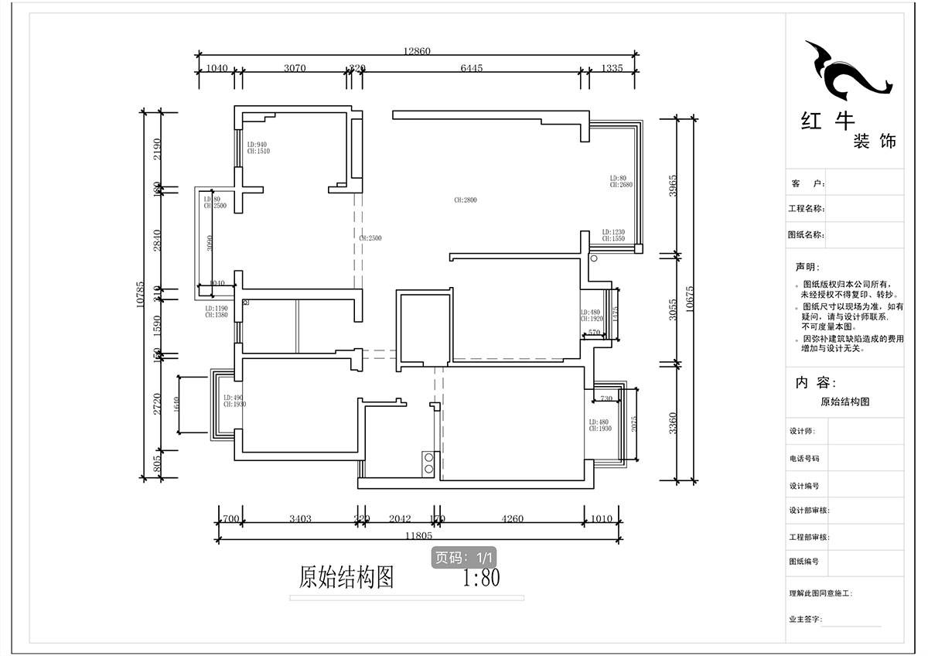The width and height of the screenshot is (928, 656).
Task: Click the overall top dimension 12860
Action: coord(416,51)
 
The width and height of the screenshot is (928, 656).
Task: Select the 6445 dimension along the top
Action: coord(471,68)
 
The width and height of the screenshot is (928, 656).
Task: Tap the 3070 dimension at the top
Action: coord(295,68)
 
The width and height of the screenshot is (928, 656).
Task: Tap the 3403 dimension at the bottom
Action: coord(300,519)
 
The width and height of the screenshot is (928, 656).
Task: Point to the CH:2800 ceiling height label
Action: coord(466,200)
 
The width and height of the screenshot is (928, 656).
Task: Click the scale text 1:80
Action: coord(481,578)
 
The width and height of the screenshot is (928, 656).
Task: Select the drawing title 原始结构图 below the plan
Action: coord(346,578)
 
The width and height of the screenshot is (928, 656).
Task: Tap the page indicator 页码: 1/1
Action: coord(464,557)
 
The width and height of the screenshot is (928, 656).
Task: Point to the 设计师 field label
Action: coord(802,432)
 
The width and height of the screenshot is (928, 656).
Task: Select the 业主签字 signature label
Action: coord(805,620)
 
